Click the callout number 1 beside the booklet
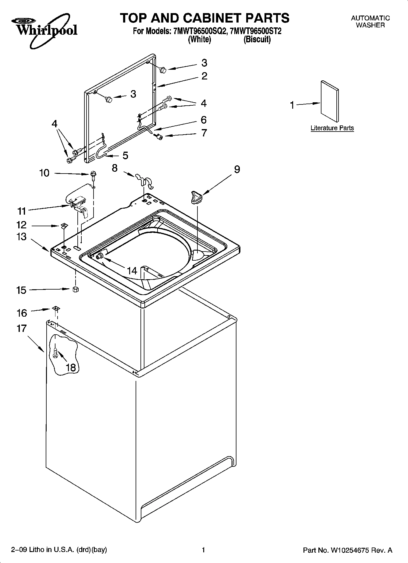tap(292, 105)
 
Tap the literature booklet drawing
tap(329, 101)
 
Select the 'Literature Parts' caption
tap(332, 128)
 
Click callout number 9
tap(237, 169)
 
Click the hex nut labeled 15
tap(76, 289)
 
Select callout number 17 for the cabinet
tap(22, 329)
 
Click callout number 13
tap(21, 237)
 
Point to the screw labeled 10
tap(93, 174)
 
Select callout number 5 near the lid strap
tap(125, 156)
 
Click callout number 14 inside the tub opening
tap(132, 270)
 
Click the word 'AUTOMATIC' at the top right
tap(370, 18)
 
